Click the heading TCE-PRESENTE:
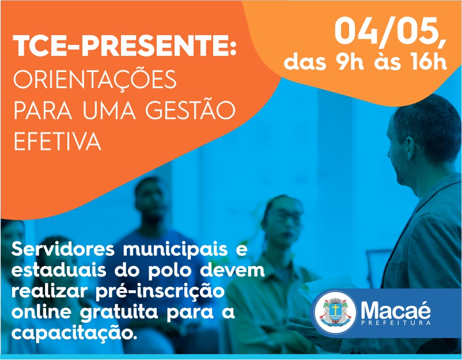click(124, 46)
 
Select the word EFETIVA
click(58, 141)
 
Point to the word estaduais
click(59, 270)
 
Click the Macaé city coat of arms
click(335, 312)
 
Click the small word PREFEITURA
click(396, 323)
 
